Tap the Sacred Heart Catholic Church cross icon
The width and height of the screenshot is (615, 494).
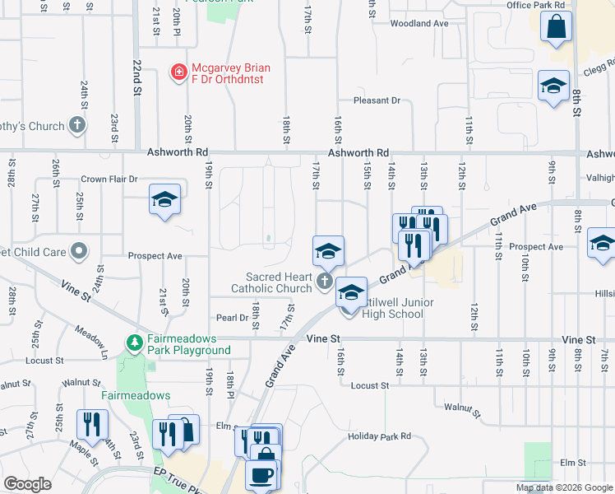(324, 283)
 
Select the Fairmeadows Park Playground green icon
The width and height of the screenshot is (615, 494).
(133, 341)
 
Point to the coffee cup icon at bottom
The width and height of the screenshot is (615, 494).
(261, 476)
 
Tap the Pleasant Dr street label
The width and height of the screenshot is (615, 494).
(377, 100)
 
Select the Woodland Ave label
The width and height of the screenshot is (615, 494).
(418, 24)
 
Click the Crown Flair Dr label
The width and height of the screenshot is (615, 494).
(109, 179)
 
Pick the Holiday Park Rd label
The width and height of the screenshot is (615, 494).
(378, 436)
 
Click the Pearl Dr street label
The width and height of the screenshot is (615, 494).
(232, 317)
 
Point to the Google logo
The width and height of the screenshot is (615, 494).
(26, 483)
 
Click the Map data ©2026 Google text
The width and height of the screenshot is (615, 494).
(564, 487)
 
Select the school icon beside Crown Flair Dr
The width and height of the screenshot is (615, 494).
(164, 200)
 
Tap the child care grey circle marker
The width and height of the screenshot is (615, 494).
(79, 249)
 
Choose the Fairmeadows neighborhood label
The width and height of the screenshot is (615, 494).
(136, 395)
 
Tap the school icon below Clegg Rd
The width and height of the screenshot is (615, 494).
(553, 86)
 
